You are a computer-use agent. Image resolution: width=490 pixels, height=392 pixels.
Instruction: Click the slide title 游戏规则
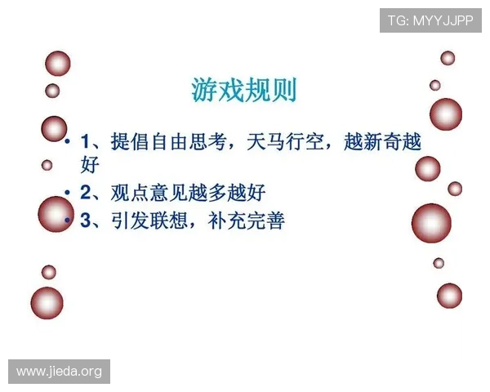[x=244, y=89]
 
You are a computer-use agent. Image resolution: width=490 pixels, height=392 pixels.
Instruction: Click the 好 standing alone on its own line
[x=90, y=165]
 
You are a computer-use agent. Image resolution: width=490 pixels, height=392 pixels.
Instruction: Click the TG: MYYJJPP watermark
[x=430, y=19]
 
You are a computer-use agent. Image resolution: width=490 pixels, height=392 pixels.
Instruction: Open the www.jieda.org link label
[x=59, y=372]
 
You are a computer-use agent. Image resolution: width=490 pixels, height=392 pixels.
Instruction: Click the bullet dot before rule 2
[x=69, y=194]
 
